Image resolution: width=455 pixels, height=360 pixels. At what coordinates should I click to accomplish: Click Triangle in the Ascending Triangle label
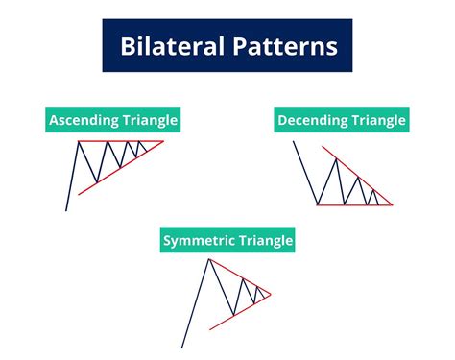click(x=147, y=121)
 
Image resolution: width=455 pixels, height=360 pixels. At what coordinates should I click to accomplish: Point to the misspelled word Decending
click(x=309, y=121)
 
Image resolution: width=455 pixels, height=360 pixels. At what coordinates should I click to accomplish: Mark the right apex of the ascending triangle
click(x=162, y=142)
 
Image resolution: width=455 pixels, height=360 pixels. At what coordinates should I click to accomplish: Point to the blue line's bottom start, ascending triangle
click(x=66, y=209)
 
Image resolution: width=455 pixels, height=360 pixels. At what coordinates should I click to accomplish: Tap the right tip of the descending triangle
click(x=393, y=204)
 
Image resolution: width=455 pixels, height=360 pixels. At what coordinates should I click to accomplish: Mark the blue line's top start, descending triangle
click(x=295, y=142)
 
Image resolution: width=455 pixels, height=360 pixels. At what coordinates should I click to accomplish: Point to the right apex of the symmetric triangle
click(x=272, y=293)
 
